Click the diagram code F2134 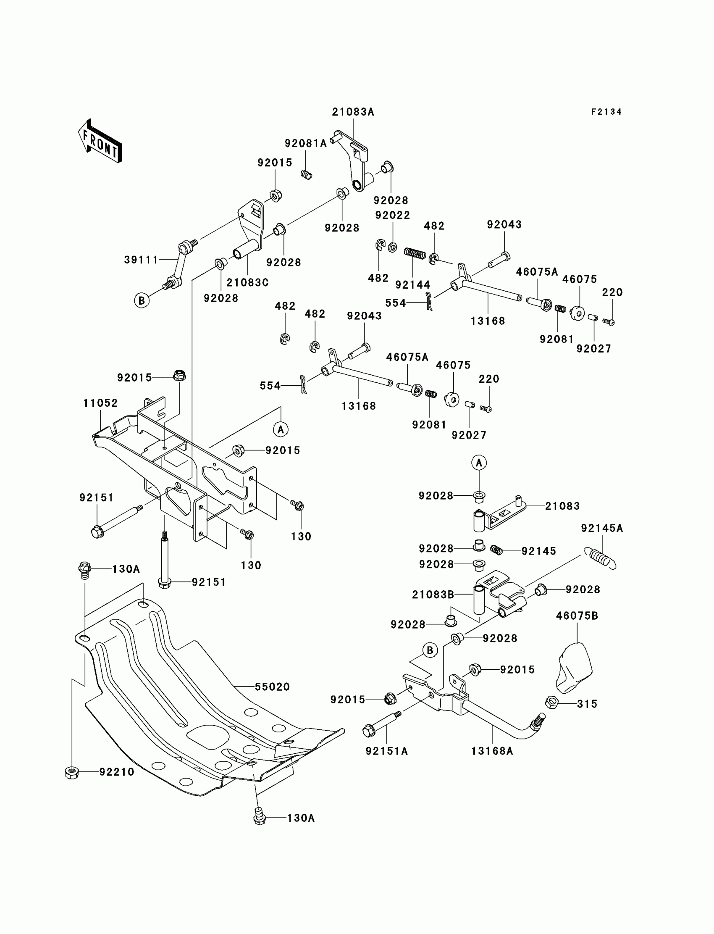coord(606,112)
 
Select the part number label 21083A coord(353,112)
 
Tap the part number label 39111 coord(141,260)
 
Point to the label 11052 coord(100,403)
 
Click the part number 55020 coord(273,687)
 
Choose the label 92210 coord(117,771)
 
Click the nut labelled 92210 coord(71,772)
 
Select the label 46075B coord(577,616)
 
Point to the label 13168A coord(492,751)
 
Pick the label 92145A coord(602,528)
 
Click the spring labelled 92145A coord(600,558)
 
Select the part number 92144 coord(413,284)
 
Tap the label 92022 coord(392,215)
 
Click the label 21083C coord(247,282)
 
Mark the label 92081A coord(306,143)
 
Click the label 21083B coord(433,595)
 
